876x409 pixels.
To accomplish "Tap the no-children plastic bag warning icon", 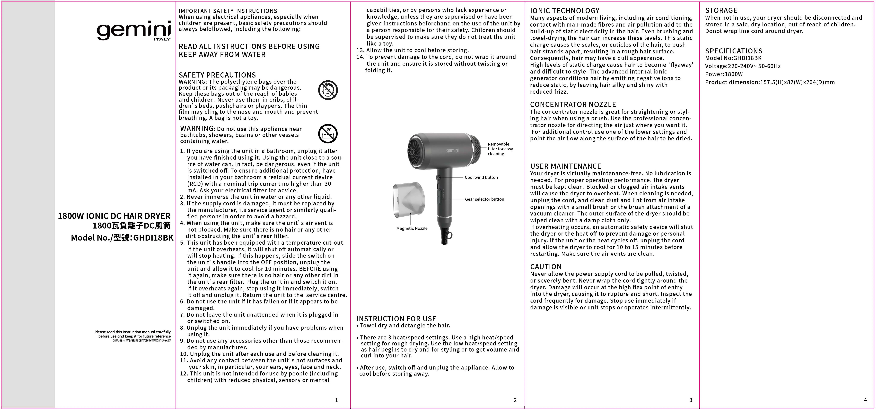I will [x=328, y=90].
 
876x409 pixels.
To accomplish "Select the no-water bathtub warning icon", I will [x=328, y=134].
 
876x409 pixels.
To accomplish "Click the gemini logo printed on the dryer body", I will [x=452, y=150].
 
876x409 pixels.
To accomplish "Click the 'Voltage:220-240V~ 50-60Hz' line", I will [x=743, y=66].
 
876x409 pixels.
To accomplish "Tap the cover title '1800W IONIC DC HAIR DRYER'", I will [x=114, y=216].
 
